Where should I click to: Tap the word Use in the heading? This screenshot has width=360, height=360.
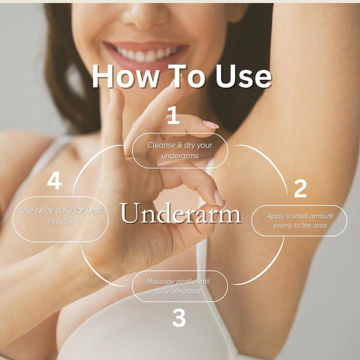(243, 76)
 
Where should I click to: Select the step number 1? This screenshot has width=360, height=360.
(173, 115)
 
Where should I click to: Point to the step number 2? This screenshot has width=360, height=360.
(300, 188)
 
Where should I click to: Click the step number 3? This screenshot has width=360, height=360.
(179, 318)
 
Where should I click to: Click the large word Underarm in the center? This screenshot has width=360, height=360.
(180, 213)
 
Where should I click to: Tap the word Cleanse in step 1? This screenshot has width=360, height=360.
(161, 145)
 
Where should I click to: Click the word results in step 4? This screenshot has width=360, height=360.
(60, 221)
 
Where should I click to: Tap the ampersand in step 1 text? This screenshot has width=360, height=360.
(180, 145)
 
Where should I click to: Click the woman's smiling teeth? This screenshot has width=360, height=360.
(145, 54)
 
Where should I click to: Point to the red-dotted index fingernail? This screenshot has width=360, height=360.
(211, 124)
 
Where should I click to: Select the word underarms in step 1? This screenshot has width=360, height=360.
(180, 156)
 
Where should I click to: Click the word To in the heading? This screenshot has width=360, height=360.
(186, 76)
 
